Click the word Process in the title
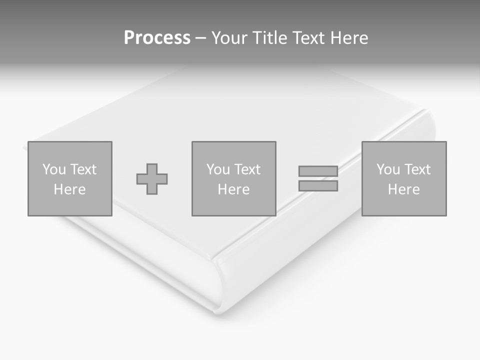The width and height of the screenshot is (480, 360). click(x=157, y=38)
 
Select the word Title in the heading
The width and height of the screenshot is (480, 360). click(x=269, y=38)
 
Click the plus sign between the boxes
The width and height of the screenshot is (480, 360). click(x=152, y=179)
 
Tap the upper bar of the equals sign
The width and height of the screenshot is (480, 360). click(x=318, y=171)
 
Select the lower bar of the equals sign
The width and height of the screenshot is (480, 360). click(x=318, y=186)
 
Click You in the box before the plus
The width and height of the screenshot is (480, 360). click(x=54, y=169)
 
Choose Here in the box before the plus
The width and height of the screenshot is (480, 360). click(x=69, y=189)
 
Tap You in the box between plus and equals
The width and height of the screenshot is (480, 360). click(x=218, y=169)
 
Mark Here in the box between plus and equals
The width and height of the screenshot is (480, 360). click(x=233, y=189)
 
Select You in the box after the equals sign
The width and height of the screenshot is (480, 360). click(x=388, y=169)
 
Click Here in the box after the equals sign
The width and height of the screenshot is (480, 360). click(x=403, y=189)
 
